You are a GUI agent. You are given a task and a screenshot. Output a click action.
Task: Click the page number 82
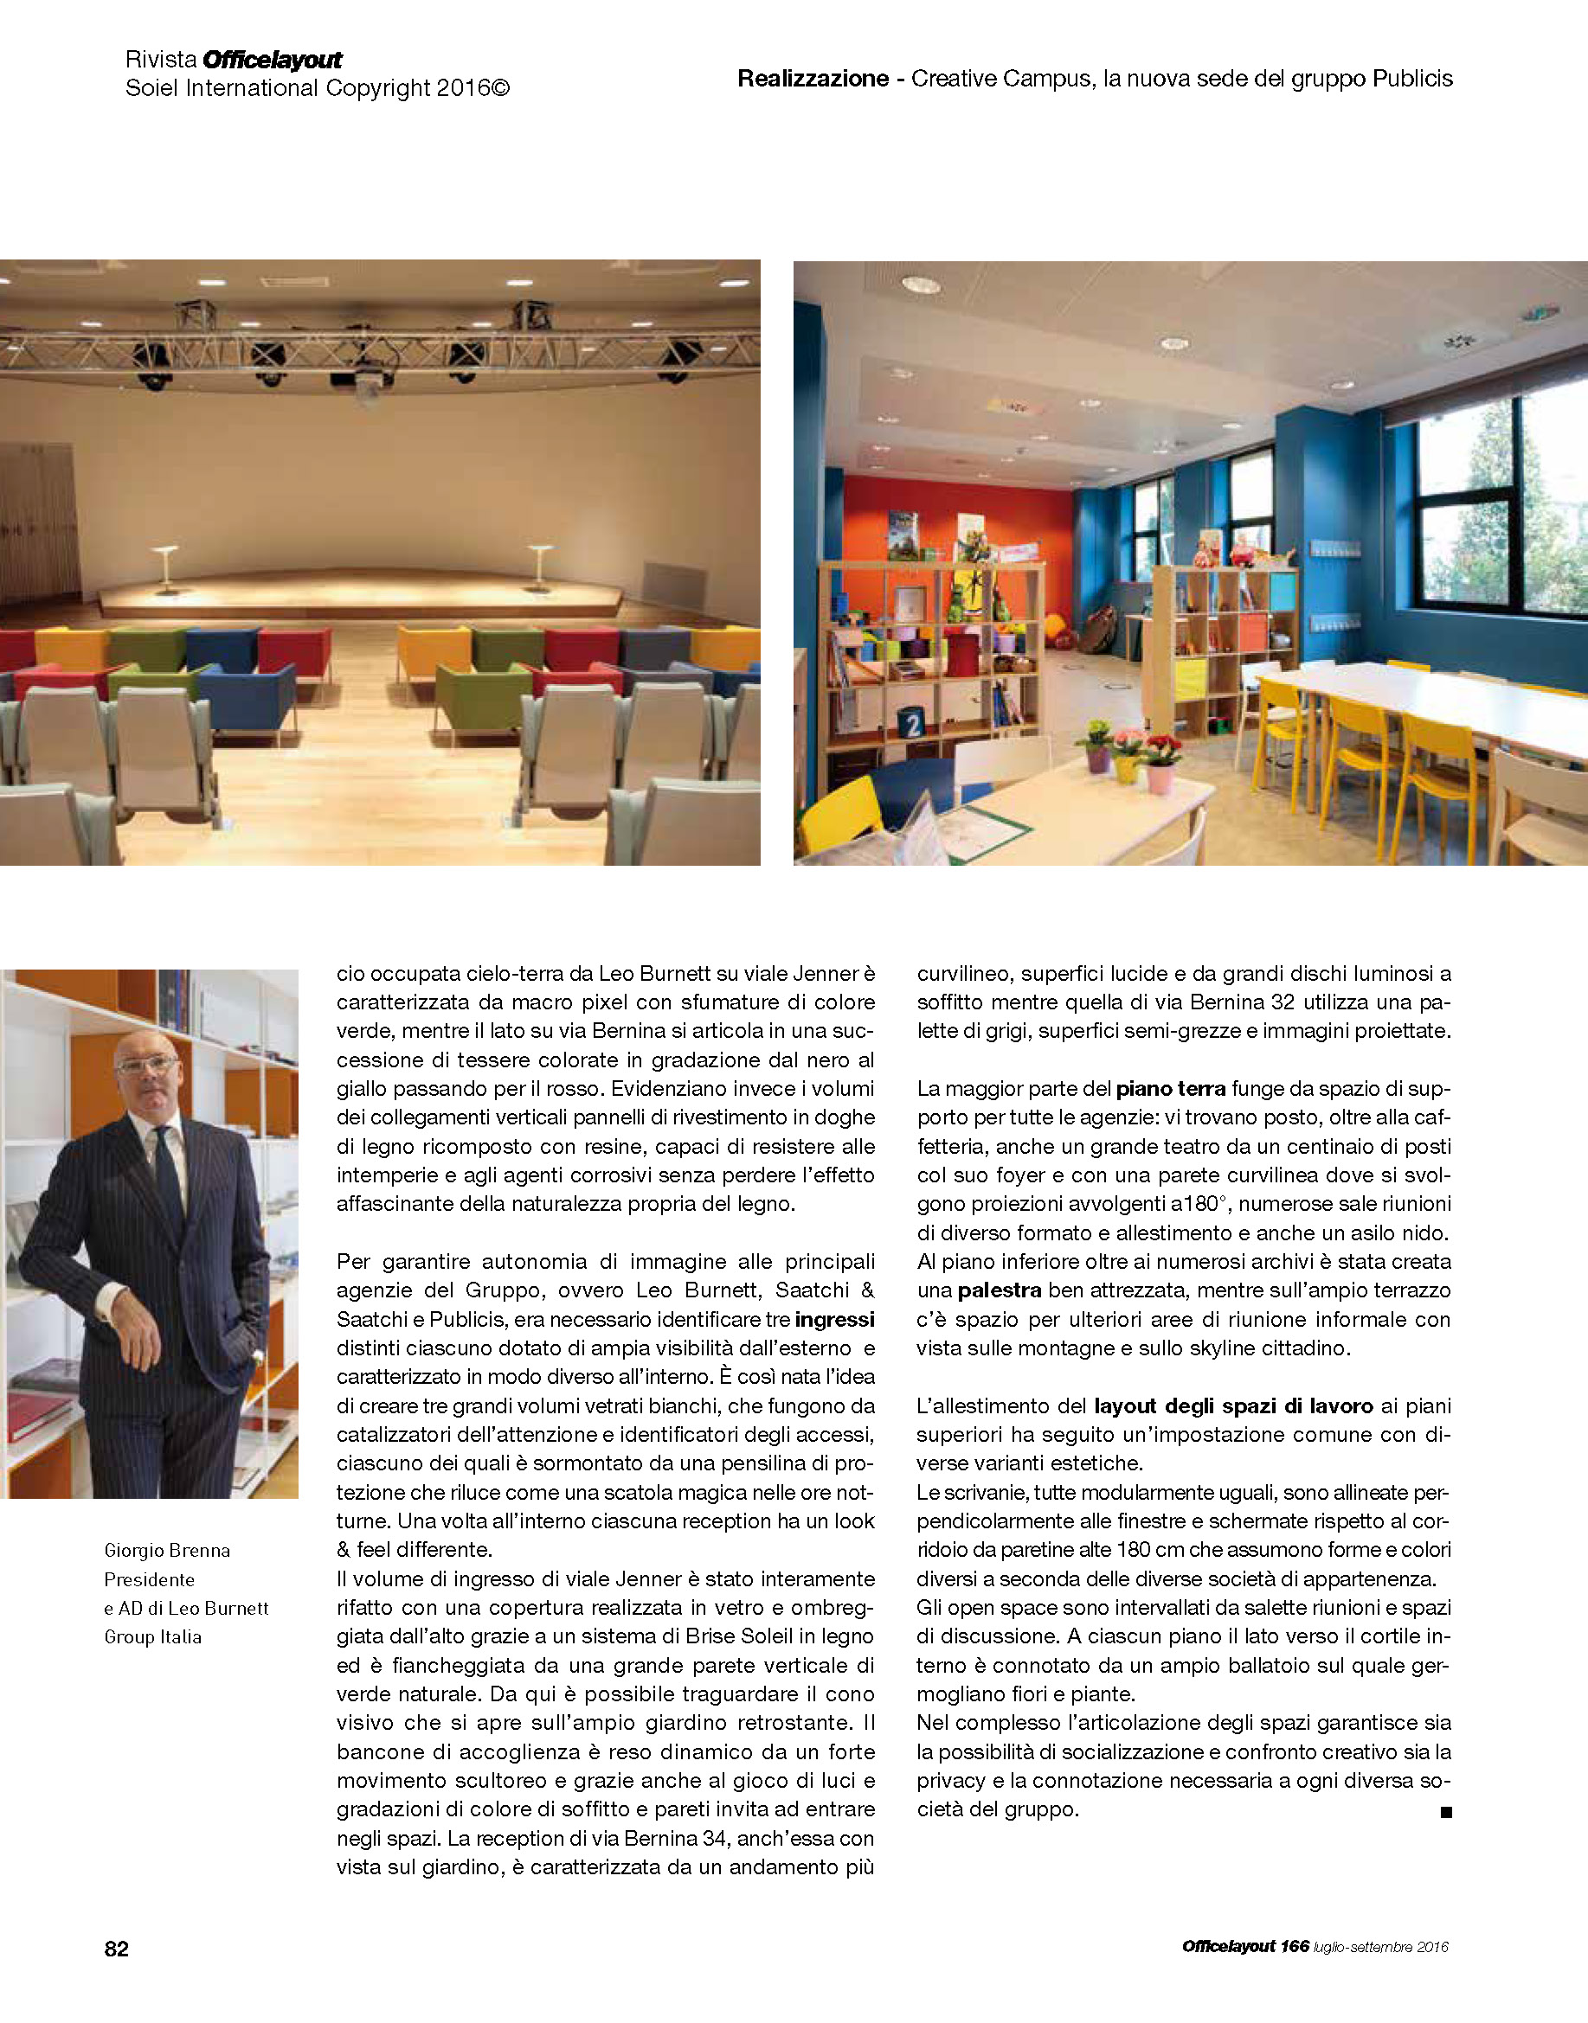point(116,1949)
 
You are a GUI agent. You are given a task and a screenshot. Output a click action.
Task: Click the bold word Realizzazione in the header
point(813,79)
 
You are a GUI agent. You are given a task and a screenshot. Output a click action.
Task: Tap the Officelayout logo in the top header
point(273,61)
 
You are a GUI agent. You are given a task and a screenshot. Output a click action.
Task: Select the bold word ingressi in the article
point(834,1320)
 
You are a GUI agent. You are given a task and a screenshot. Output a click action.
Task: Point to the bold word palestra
point(999,1290)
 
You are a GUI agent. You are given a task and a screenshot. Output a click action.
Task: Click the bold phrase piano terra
point(1170,1088)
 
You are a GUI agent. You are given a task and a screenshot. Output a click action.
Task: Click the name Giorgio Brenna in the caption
point(167,1550)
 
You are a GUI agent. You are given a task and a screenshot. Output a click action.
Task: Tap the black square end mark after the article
point(1446,1812)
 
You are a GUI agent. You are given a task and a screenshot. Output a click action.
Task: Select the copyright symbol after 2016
point(500,89)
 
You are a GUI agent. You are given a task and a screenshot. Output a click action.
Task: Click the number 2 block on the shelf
point(912,722)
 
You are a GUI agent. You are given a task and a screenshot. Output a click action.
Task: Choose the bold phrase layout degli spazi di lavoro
point(1233,1406)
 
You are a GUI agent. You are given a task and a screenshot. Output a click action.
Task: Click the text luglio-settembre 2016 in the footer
point(1380,1948)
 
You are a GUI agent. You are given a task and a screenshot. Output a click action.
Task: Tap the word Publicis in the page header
point(1411,79)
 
